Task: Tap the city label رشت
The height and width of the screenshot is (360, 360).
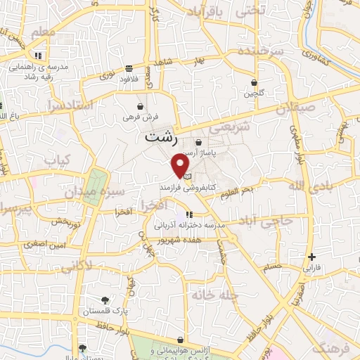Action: click(x=160, y=138)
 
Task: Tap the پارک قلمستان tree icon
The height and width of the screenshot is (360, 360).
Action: click(x=105, y=300)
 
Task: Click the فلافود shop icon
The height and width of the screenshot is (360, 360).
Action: click(x=129, y=69)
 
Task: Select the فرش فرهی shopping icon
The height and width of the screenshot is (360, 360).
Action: click(x=141, y=106)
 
